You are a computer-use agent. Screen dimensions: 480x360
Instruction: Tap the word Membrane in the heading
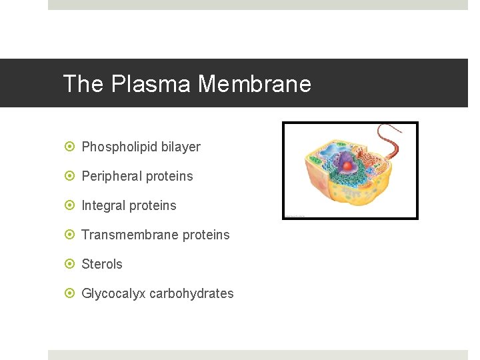pyautogui.click(x=255, y=84)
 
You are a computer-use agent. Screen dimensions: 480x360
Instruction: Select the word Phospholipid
pyautogui.click(x=119, y=147)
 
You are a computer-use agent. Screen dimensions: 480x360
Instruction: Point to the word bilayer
pyautogui.click(x=181, y=147)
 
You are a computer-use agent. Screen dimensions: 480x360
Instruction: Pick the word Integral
pyautogui.click(x=103, y=205)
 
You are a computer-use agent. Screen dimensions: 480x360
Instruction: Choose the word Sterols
pyautogui.click(x=102, y=264)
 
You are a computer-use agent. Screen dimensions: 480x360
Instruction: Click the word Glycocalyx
pyautogui.click(x=113, y=293)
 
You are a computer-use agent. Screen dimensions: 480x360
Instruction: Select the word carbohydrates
pyautogui.click(x=191, y=293)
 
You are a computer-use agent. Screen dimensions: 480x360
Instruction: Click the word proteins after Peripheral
pyautogui.click(x=172, y=176)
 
